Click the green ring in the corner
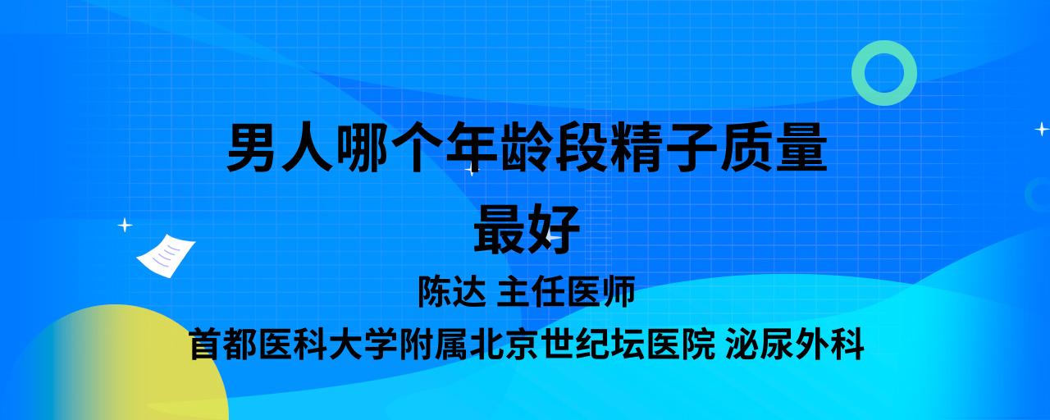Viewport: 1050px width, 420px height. tap(884, 52)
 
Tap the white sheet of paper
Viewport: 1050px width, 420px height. tap(166, 255)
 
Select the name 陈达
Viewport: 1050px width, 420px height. tap(452, 291)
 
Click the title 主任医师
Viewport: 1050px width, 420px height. tap(566, 291)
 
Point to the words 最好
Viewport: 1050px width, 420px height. tap(527, 231)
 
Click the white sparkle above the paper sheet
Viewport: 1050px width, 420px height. tap(125, 226)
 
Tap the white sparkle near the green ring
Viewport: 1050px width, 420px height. tap(1042, 129)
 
